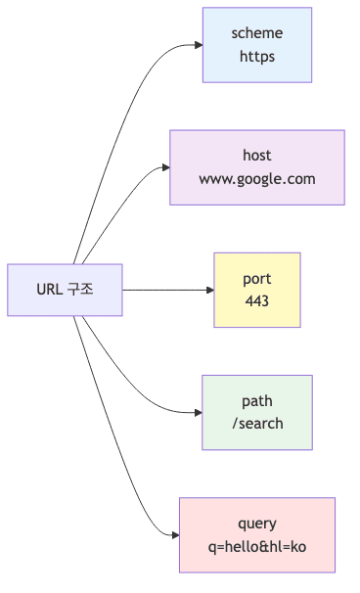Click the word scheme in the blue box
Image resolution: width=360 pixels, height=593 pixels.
257,34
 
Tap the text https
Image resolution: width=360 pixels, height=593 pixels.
257,57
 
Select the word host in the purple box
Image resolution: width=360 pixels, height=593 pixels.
257,156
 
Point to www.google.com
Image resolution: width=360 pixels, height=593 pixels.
257,179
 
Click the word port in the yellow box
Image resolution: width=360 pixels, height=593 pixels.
257,279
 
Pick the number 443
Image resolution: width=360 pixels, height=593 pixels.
257,301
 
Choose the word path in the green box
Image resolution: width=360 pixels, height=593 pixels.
257,401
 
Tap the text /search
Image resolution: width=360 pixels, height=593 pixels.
257,424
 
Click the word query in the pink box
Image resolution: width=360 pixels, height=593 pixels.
257,524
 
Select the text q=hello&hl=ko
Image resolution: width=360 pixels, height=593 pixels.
257,546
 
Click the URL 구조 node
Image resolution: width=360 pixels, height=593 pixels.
66,290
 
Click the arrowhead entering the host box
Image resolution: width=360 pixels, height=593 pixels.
164,167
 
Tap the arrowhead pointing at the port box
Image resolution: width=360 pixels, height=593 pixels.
208,290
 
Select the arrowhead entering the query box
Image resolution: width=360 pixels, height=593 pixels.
173,534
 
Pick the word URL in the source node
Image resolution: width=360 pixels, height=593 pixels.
50,290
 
